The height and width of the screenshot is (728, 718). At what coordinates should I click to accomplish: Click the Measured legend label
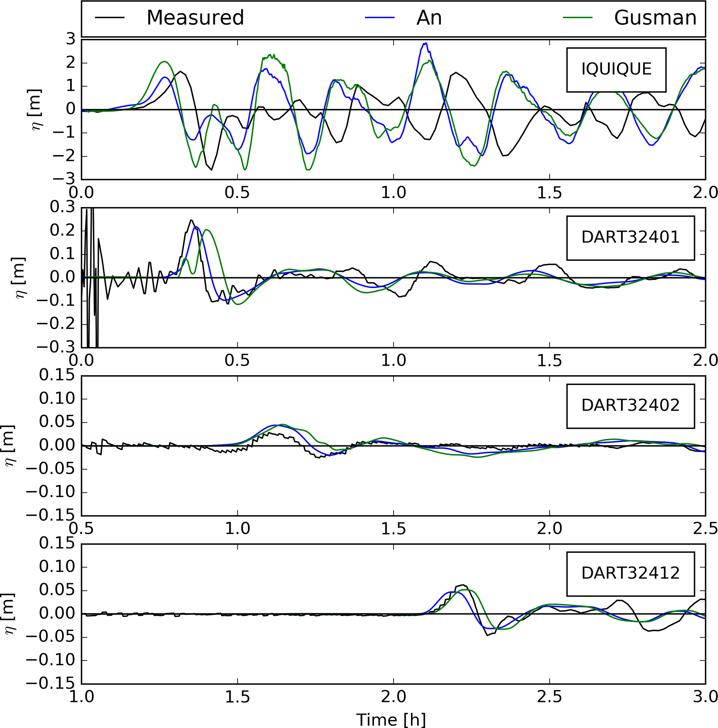pos(195,18)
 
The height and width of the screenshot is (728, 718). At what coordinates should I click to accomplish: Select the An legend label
pos(429,18)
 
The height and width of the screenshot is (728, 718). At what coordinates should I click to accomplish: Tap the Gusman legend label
pos(655,18)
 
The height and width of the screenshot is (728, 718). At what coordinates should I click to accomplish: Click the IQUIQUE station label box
pos(616,69)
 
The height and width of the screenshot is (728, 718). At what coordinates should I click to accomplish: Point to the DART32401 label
pos(630,237)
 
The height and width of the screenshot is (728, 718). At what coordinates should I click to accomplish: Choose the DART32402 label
pos(630,406)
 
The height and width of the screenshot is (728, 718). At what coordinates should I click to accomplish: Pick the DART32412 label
pos(630,573)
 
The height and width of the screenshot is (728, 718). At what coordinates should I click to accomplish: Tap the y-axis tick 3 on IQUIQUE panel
pos(71,39)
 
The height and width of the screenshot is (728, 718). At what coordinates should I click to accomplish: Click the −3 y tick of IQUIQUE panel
pos(64,179)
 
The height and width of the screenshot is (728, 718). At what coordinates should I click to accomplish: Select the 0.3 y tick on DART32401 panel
pos(63,207)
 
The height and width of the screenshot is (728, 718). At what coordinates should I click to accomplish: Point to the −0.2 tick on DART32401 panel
pos(56,324)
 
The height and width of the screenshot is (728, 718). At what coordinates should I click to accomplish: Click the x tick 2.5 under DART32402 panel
pos(705,529)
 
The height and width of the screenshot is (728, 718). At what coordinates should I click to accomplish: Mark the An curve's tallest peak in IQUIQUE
pos(425,43)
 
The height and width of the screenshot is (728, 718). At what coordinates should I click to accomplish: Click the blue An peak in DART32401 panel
pos(196,227)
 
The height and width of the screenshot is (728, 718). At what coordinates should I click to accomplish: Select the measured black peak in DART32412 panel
pos(463,585)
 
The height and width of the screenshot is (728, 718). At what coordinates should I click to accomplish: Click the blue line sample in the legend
pos(379,18)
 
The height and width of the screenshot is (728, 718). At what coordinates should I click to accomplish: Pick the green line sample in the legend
pos(577,18)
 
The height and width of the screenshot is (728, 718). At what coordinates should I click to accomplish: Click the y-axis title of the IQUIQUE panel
pos(36,109)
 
